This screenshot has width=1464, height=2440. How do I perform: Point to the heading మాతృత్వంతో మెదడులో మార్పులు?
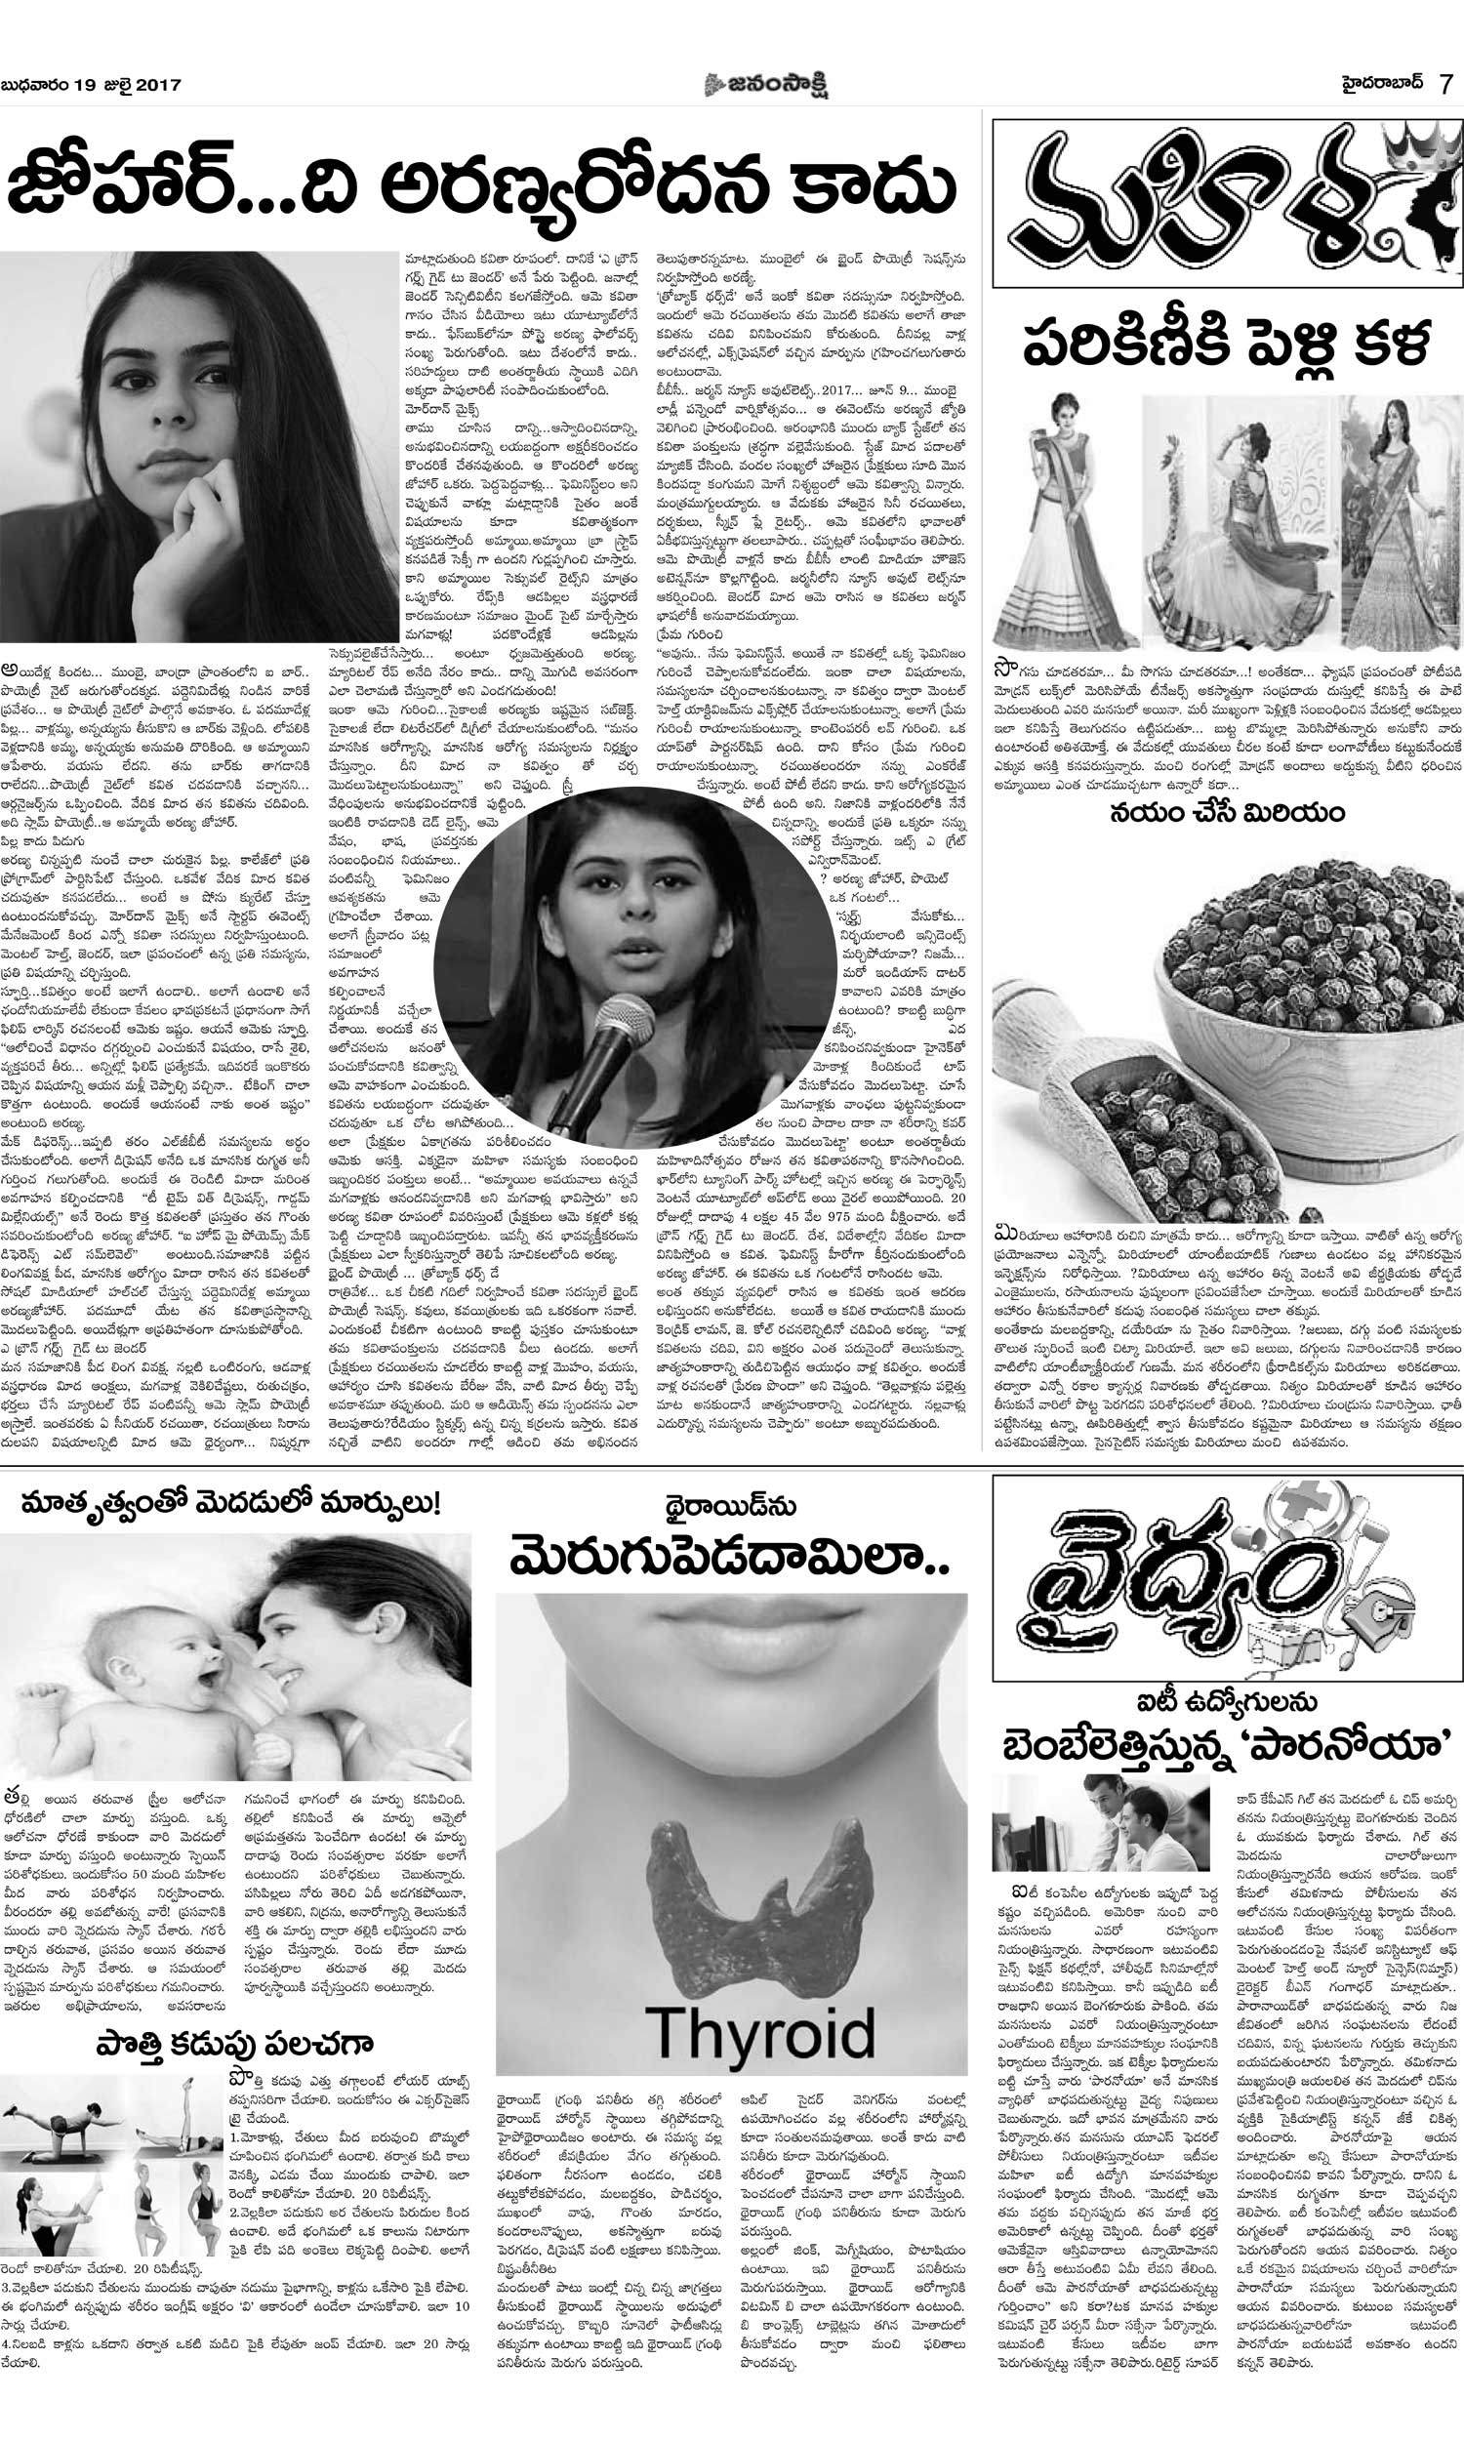click(x=231, y=1505)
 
